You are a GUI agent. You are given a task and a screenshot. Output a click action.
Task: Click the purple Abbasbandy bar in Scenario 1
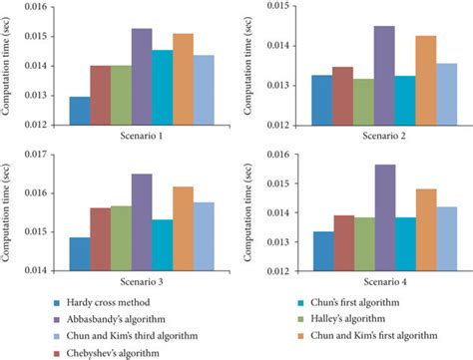tap(142, 77)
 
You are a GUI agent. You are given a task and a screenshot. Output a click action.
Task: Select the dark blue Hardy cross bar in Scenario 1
tap(80, 111)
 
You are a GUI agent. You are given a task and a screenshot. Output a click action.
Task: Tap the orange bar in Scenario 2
tap(426, 81)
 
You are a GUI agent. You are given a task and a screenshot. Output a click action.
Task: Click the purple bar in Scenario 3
tap(142, 222)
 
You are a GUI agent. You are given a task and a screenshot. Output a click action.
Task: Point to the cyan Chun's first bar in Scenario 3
tap(163, 245)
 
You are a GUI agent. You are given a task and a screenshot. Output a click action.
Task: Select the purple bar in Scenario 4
tap(385, 217)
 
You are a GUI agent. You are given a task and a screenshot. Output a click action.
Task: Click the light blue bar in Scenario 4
tap(447, 239)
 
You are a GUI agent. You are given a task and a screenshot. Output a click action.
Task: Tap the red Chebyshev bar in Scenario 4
tap(344, 243)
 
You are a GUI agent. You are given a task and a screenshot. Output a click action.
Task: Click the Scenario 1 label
tap(142, 136)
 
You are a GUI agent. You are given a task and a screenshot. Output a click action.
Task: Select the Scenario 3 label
tap(142, 282)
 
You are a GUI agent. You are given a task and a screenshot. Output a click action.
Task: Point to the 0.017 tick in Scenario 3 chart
tap(35, 155)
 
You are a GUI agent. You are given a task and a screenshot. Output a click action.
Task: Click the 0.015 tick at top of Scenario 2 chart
tap(277, 6)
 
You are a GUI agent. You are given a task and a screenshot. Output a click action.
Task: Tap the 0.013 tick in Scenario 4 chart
tap(277, 242)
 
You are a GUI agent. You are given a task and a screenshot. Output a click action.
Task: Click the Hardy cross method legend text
tap(108, 302)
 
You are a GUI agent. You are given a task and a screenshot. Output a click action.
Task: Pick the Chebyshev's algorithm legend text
tap(113, 353)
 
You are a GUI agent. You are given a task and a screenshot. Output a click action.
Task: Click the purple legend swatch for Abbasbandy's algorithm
tap(57, 320)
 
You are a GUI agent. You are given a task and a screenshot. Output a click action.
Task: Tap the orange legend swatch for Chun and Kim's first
tap(300, 336)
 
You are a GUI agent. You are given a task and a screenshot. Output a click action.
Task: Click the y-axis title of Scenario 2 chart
tap(247, 66)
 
